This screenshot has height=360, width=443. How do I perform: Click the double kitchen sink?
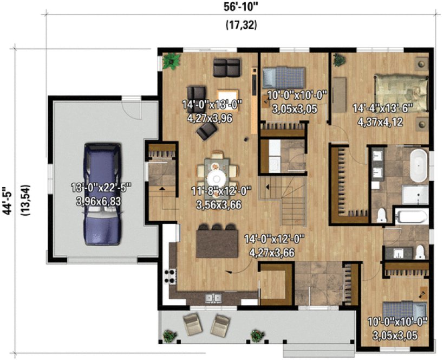212,298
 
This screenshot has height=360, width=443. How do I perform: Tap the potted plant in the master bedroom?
340,60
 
